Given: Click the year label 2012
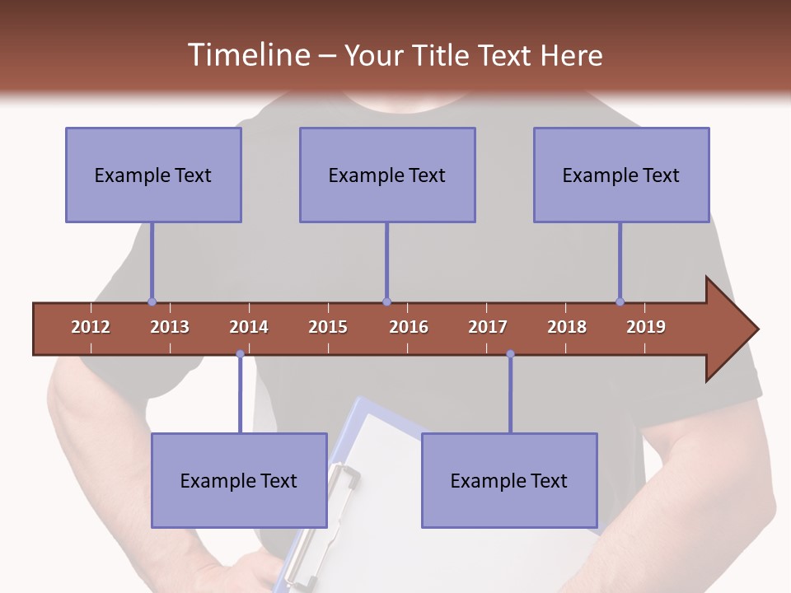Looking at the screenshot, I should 91,327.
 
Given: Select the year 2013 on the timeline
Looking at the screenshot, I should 170,327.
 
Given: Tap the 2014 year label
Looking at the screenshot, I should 249,327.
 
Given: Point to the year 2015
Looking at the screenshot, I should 328,327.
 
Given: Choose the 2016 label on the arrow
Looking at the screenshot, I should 409,327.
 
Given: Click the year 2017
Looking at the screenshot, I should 488,327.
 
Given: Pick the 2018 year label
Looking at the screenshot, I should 567,327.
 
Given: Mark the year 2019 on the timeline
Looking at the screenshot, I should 646,327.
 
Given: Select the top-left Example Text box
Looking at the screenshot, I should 153,175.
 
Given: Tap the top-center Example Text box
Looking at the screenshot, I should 387,175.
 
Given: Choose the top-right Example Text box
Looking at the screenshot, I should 621,175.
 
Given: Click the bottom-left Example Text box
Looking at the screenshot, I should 239,480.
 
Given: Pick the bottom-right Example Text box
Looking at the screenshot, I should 509,480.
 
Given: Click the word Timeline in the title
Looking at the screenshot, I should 247,55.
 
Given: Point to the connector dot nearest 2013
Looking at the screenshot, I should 152,302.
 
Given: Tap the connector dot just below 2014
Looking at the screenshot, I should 240,354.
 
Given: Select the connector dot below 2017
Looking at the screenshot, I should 510,354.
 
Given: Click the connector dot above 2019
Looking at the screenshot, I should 620,302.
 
